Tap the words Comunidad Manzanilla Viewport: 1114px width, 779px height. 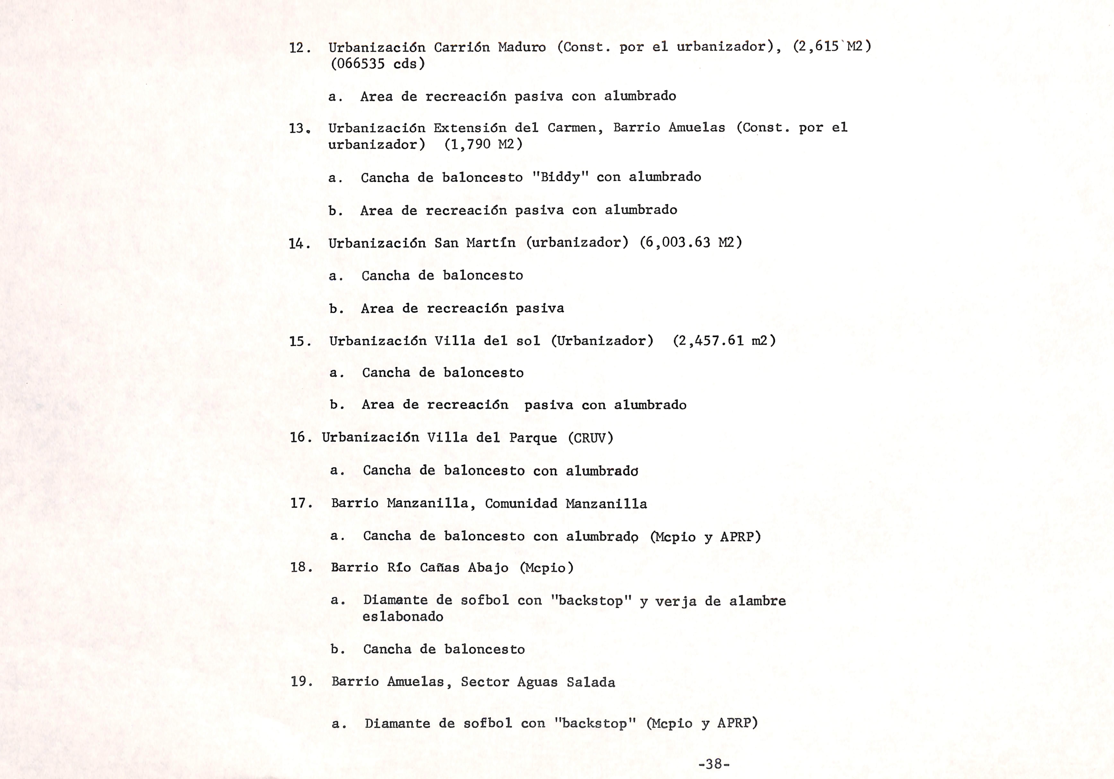[566, 504]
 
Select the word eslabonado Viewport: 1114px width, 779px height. [403, 617]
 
